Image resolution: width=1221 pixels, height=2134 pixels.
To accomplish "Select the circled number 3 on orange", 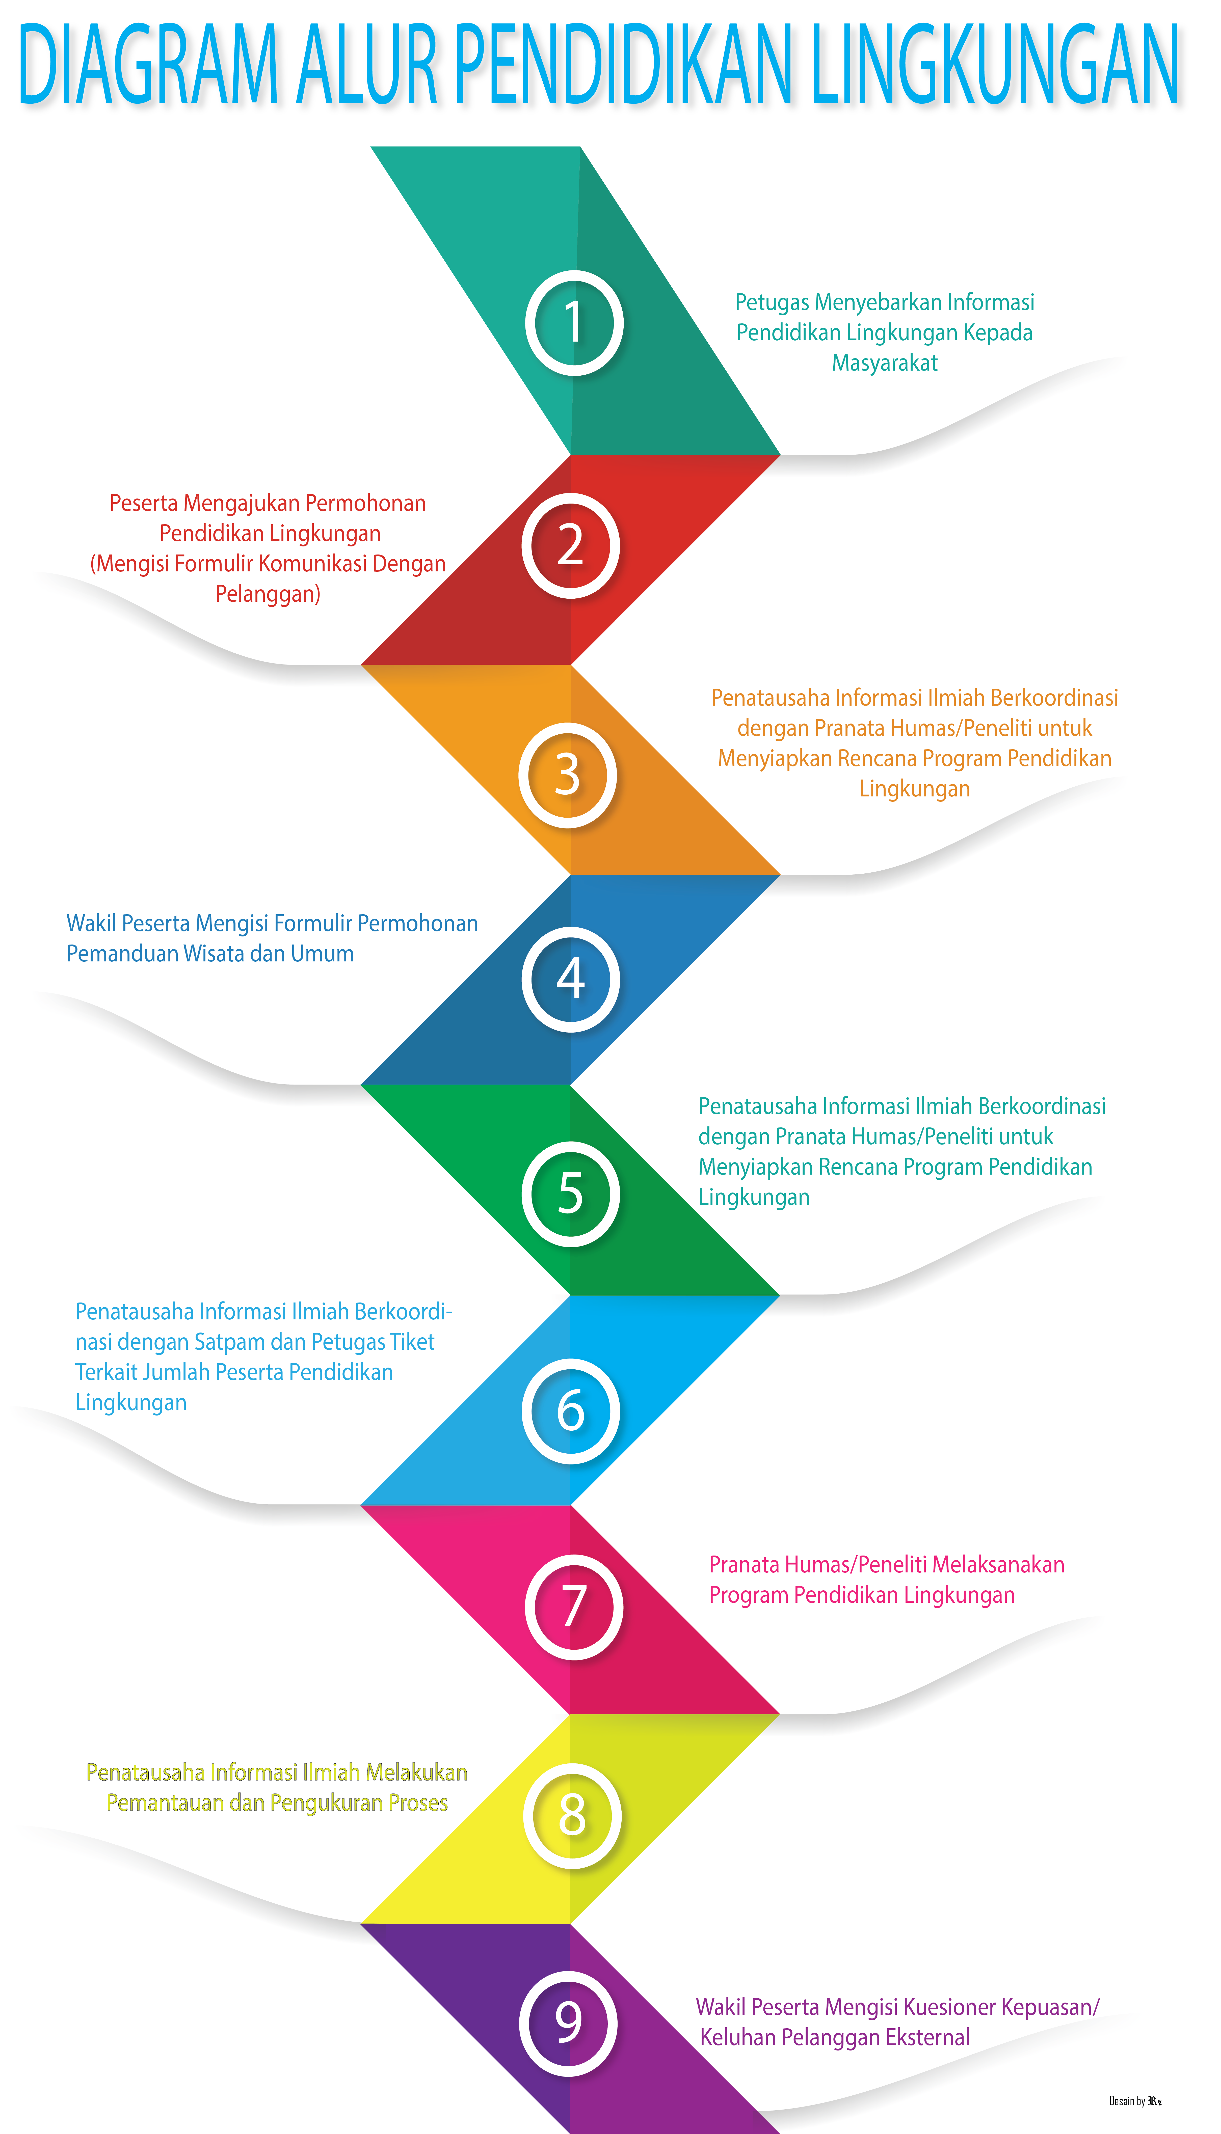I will (568, 775).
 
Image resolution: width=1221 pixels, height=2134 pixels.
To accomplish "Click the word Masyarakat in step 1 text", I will (885, 363).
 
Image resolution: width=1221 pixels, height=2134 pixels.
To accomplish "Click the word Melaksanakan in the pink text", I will (998, 1565).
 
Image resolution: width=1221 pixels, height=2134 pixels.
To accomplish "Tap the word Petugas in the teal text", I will (772, 302).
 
